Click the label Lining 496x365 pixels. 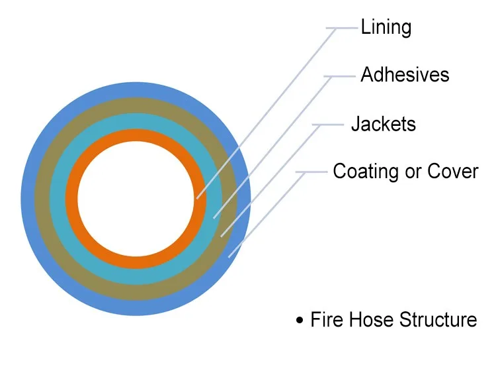pos(386,28)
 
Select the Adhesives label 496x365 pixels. pos(405,75)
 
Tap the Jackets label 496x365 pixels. pos(384,124)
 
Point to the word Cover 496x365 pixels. pos(453,172)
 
